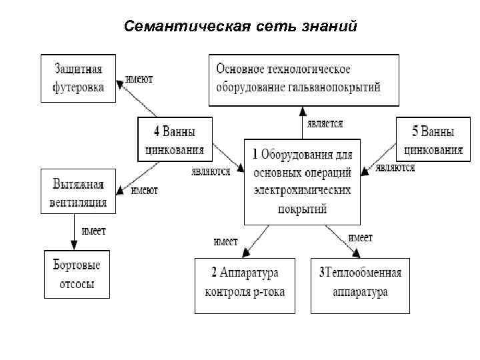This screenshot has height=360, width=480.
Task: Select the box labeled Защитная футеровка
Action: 78,78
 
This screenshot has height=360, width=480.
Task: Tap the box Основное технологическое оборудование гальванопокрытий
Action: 303,78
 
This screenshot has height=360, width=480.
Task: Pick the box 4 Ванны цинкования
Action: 175,139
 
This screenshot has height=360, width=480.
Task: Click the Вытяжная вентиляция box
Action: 78,191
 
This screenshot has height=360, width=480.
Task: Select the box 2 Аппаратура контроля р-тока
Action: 244,285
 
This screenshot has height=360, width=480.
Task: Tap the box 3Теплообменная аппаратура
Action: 361,285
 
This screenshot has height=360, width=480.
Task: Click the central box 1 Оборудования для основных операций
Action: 301,181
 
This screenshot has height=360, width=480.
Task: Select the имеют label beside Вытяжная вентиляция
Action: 144,191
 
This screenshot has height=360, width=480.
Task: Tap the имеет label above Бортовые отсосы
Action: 93,231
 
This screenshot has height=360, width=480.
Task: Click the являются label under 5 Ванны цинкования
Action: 395,168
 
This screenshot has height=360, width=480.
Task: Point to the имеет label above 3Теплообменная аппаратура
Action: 361,237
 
